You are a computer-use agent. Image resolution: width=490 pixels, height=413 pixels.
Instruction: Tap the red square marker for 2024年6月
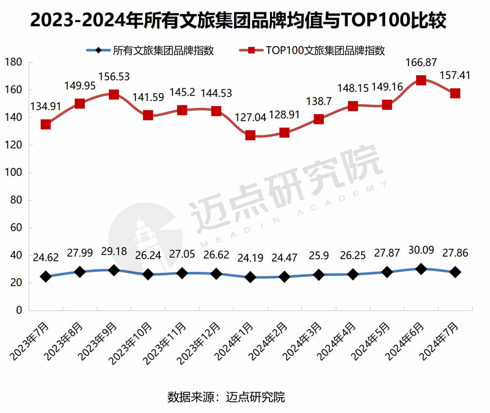(x=421, y=80)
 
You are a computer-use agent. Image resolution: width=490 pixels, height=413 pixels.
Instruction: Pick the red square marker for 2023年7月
(x=45, y=124)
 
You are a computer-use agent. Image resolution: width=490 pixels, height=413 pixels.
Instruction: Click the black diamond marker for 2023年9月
(x=114, y=270)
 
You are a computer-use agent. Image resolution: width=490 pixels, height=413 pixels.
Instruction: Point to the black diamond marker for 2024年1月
(x=251, y=277)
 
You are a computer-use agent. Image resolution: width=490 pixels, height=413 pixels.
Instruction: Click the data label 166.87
(x=421, y=63)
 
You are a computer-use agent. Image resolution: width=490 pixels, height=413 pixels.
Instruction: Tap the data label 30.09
(x=421, y=251)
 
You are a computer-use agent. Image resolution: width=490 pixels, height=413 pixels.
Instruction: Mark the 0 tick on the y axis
(x=19, y=311)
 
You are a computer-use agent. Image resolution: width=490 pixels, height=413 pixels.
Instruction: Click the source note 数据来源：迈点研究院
(x=226, y=397)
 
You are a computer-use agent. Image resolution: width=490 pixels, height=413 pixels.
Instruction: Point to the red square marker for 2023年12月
(x=216, y=111)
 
